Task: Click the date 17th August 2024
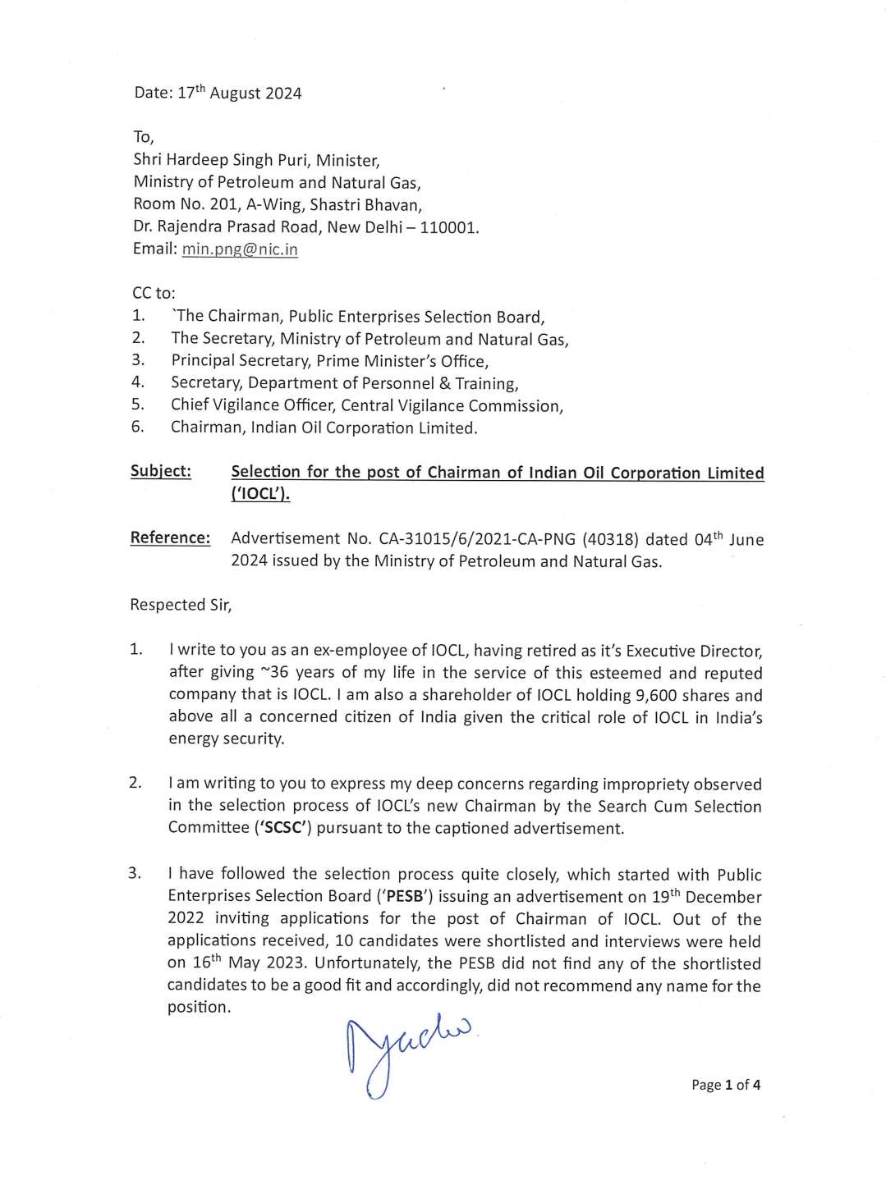click(239, 93)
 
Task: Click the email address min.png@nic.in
click(239, 249)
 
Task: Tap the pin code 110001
click(448, 227)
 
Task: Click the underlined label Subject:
click(160, 471)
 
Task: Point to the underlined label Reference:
click(170, 538)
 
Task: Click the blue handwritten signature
click(406, 1051)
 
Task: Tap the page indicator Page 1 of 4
click(725, 1085)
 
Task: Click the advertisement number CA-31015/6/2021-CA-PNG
click(478, 539)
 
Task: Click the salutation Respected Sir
click(181, 606)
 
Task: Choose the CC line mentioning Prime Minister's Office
click(328, 360)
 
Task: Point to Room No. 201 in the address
click(186, 204)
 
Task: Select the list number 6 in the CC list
click(137, 427)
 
